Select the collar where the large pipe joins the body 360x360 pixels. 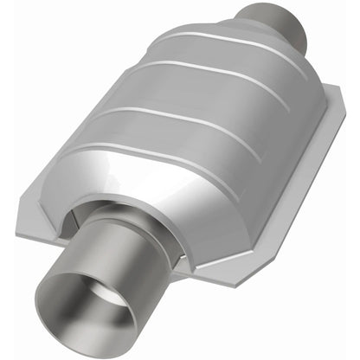pos(147,229)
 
